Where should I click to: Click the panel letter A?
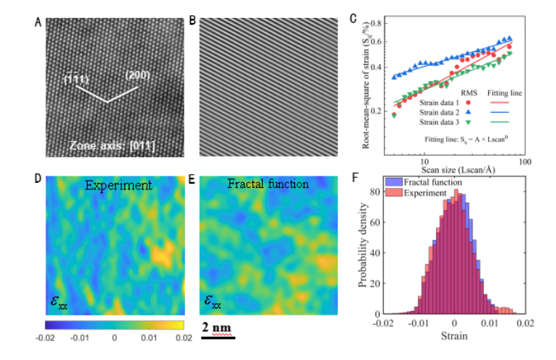pos(37,22)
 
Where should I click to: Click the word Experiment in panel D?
pos(118,186)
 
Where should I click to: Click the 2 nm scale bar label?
pos(216,326)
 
